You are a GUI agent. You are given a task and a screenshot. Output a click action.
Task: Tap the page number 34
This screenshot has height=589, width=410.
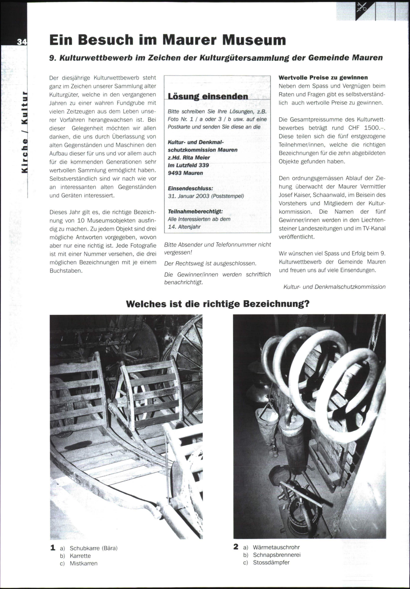[x=22, y=42]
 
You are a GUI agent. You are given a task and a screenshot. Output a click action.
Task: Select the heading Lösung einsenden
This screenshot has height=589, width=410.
[x=208, y=96]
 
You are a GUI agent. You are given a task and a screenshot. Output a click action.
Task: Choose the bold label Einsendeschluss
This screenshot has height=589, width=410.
[x=190, y=188]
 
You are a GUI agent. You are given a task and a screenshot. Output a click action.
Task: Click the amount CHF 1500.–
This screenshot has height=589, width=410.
[x=364, y=128]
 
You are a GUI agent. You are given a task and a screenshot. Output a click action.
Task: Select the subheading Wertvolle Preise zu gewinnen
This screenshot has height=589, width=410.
[x=323, y=77]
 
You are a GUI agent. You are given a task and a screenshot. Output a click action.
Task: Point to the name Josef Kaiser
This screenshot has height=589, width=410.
[x=295, y=195]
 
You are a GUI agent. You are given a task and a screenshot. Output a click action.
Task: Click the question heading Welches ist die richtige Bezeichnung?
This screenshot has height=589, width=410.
[x=218, y=304]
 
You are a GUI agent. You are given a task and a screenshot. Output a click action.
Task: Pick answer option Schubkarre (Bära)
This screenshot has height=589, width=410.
[x=93, y=548]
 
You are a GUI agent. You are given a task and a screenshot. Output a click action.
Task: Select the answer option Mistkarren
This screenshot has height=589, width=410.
[x=84, y=563]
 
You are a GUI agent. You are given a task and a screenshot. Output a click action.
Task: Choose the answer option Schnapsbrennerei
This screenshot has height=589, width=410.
[x=276, y=555]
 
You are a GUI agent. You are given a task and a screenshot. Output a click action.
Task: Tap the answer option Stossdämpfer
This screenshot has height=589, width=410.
[x=271, y=562]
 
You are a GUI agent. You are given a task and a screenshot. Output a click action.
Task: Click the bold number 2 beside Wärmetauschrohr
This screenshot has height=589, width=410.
[x=236, y=547]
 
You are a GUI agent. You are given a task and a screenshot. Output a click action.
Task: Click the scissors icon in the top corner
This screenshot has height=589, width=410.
[x=361, y=8]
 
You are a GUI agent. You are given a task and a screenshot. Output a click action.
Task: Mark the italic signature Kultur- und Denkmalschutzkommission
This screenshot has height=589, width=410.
[x=334, y=287]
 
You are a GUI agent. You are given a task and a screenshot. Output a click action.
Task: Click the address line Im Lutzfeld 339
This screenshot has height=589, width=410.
[x=188, y=165]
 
